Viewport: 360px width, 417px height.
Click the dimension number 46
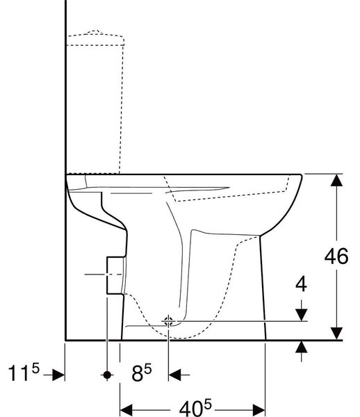pos(336,256)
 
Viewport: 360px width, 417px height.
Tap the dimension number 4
pos(301,284)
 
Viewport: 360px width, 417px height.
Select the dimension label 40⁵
pos(195,408)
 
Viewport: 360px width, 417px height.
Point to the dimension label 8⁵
pos(142,373)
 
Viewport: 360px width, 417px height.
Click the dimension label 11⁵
pos(24,373)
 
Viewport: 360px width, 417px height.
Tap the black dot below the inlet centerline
pos(107,375)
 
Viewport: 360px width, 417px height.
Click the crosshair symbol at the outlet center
pos(168,322)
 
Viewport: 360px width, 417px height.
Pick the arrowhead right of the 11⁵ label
pos(58,375)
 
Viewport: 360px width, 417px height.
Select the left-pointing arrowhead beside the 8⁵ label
pos(174,375)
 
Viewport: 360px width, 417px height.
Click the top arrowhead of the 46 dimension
pos(336,180)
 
